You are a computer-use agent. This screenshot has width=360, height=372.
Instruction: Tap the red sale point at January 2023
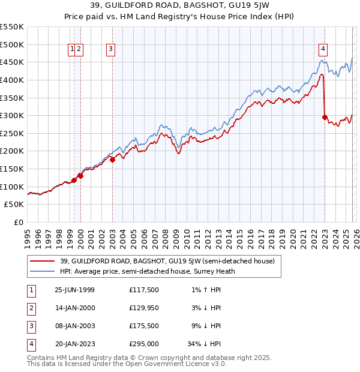tap(325, 118)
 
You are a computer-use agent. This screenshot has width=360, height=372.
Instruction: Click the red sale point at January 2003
tap(112, 160)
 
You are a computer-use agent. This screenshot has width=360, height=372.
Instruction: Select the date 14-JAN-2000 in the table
tap(74, 308)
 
